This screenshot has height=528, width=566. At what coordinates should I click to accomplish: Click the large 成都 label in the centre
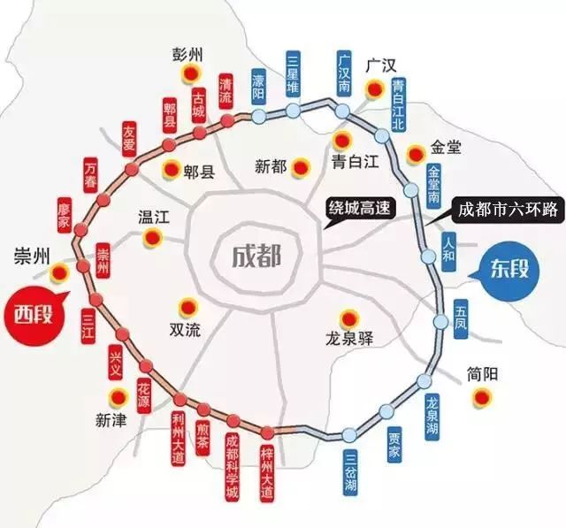pos(256,256)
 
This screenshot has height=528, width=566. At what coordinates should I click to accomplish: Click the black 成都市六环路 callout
pos(508,210)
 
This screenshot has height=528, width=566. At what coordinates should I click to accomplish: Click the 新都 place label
pos(272,165)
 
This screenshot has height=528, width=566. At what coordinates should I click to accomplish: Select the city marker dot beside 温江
pos(152,236)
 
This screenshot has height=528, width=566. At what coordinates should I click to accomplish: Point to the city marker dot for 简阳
pos(482,398)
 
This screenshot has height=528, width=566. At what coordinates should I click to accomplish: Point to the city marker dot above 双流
pos(187,306)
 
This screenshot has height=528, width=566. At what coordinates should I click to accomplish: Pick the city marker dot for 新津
pos(116,395)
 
